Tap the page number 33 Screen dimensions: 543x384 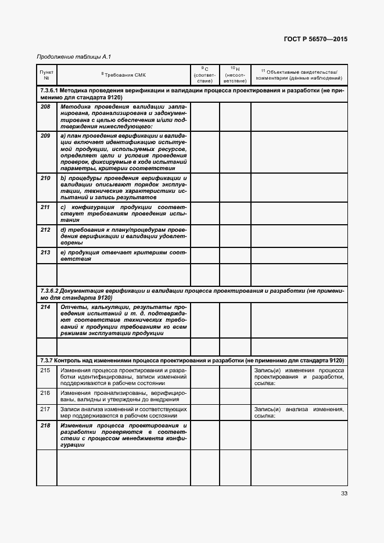[x=344, y=494]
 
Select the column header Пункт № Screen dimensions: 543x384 [x=46, y=74]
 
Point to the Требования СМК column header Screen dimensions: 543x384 [x=124, y=74]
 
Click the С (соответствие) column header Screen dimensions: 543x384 [x=204, y=74]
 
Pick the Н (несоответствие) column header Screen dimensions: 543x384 [x=235, y=74]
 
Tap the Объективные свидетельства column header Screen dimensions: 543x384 [x=299, y=74]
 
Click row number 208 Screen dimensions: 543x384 [x=46, y=108]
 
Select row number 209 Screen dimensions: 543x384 [x=46, y=136]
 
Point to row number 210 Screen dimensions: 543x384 [x=46, y=178]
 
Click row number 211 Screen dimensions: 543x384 [x=46, y=207]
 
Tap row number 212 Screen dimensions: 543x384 [x=46, y=230]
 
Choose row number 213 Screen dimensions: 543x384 [x=46, y=252]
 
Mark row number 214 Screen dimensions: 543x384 [x=46, y=307]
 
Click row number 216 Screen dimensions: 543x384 [x=46, y=393]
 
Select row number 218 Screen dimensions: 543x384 [x=46, y=426]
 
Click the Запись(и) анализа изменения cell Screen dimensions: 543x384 [x=299, y=412]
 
